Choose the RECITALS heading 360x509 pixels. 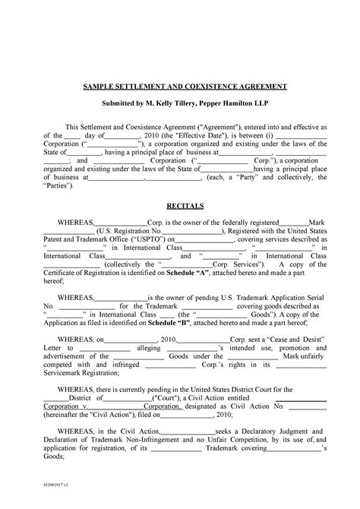(180, 206)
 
